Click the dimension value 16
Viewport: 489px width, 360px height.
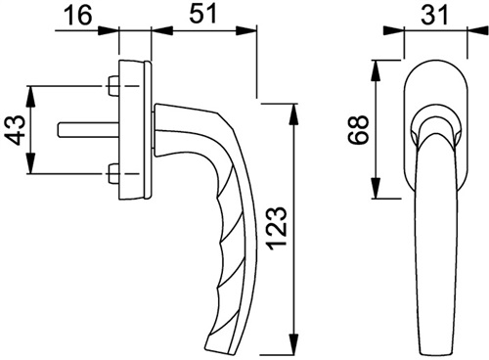pyautogui.click(x=78, y=15)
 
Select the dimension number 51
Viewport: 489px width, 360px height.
pyautogui.click(x=203, y=14)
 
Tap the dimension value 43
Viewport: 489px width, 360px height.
pyautogui.click(x=16, y=130)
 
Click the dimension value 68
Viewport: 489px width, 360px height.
pyautogui.click(x=358, y=129)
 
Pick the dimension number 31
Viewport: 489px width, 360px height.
pyautogui.click(x=434, y=15)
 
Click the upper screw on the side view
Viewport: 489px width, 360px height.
pyautogui.click(x=113, y=86)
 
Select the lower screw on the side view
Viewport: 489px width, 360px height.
pyautogui.click(x=113, y=173)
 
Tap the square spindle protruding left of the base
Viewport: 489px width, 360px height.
pyautogui.click(x=88, y=129)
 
